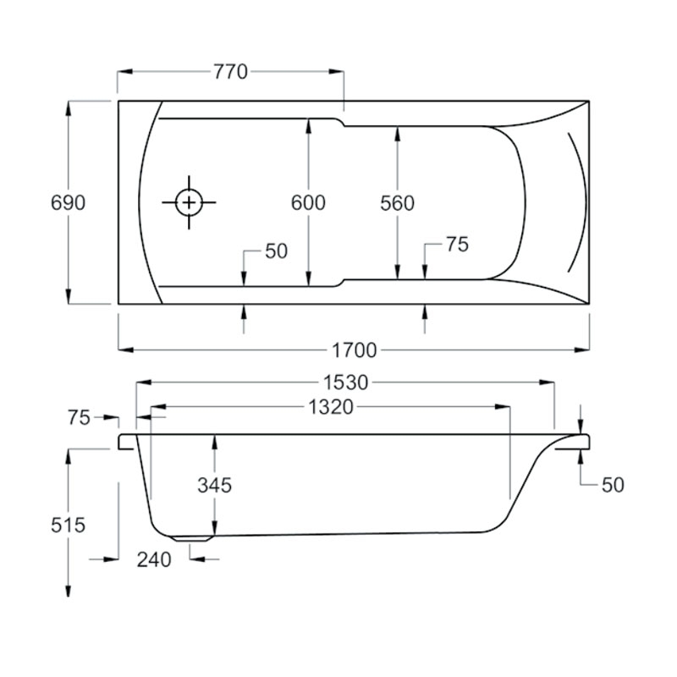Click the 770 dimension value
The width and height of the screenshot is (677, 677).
[x=230, y=72]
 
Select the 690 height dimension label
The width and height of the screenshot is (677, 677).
[x=68, y=203]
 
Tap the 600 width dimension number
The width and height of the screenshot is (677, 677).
[x=308, y=203]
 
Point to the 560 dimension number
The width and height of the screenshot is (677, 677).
[x=397, y=203]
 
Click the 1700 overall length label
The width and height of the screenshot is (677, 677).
[x=354, y=350]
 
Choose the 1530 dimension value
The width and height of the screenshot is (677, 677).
[x=346, y=383]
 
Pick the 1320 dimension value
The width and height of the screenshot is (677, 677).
[x=329, y=407]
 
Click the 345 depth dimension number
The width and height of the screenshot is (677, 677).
[x=215, y=485]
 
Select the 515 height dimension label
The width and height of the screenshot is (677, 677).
[x=68, y=525]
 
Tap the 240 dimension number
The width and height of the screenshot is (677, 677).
[x=154, y=559]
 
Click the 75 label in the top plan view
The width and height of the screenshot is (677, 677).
[x=456, y=245]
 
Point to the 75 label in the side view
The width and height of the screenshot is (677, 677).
[x=80, y=417]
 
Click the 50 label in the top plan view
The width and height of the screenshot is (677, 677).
[x=276, y=251]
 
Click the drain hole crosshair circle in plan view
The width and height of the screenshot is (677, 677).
[x=188, y=203]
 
